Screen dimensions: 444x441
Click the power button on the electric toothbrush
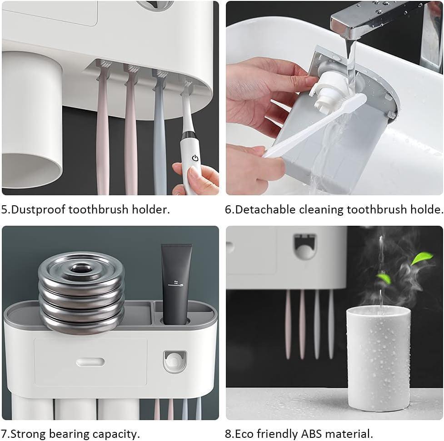pos(195,158)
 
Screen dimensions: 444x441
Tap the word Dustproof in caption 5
pos(39,210)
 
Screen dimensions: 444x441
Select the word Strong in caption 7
pos(28,434)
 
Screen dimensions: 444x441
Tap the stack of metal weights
pos(81,292)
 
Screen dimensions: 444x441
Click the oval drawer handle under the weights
pos(90,362)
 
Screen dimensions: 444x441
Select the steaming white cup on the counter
pos(378,358)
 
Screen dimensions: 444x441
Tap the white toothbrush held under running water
pos(315,125)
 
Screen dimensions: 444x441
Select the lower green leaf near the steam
pos(384,278)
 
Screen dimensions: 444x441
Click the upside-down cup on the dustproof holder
pos(32,120)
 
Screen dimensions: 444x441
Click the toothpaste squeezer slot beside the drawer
pos(175,362)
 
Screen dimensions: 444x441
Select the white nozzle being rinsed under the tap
pos(330,91)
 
